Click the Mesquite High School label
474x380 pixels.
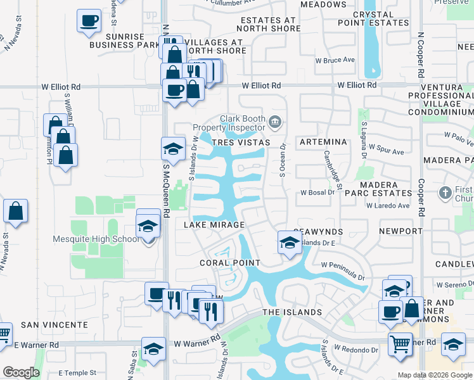pyautogui.click(x=96, y=239)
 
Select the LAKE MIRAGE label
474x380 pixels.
pyautogui.click(x=214, y=225)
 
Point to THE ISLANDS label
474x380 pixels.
pyautogui.click(x=292, y=312)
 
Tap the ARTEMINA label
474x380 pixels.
pyautogui.click(x=323, y=142)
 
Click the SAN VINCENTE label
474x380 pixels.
pyautogui.click(x=54, y=324)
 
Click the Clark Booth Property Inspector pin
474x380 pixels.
pyautogui.click(x=275, y=121)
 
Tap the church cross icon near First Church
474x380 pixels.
pyautogui.click(x=445, y=192)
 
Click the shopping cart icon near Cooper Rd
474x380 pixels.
pyautogui.click(x=400, y=345)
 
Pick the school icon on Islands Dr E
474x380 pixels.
pyautogui.click(x=289, y=243)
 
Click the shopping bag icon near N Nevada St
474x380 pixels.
pyautogui.click(x=16, y=212)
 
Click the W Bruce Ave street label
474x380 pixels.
pyautogui.click(x=335, y=60)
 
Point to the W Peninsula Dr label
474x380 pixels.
pyautogui.click(x=343, y=271)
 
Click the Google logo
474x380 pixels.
pyautogui.click(x=21, y=372)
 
